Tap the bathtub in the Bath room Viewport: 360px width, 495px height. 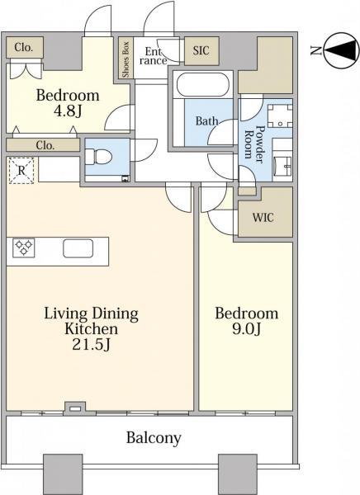point(203,84)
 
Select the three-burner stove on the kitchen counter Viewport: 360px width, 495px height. point(24,247)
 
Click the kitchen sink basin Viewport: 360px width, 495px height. point(78,248)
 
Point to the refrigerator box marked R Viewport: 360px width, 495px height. point(21,171)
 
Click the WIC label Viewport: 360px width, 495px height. point(263,218)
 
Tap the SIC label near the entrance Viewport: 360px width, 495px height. point(201,50)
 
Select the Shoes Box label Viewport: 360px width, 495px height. point(126,59)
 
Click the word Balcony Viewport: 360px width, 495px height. point(154,438)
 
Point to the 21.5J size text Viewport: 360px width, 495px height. point(91,345)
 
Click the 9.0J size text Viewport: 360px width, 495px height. point(247,329)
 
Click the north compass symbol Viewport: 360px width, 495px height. point(343,49)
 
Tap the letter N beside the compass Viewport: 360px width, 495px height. point(315,50)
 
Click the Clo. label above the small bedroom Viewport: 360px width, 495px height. point(24,47)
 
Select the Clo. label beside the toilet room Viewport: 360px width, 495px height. point(45,145)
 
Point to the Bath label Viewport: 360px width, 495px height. point(206,120)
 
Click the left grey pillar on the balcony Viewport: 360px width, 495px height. point(63,474)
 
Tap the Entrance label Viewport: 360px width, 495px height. point(154,56)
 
